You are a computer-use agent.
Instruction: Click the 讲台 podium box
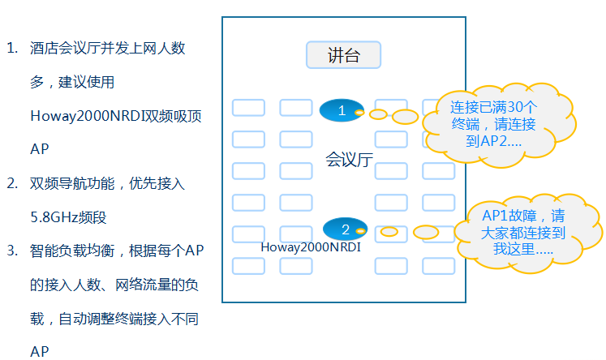[343, 55]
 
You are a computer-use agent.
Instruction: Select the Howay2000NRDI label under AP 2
[311, 246]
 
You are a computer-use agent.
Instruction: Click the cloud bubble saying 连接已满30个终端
[493, 122]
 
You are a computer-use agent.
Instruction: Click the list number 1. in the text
[12, 48]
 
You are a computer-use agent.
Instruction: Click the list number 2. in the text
[12, 183]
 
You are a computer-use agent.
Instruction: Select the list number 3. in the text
[12, 251]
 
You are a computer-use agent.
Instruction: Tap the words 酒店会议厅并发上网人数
[107, 48]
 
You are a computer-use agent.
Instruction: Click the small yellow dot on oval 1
[359, 112]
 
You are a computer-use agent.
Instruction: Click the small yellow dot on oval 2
[360, 231]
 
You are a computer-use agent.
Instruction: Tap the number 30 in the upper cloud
[514, 106]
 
